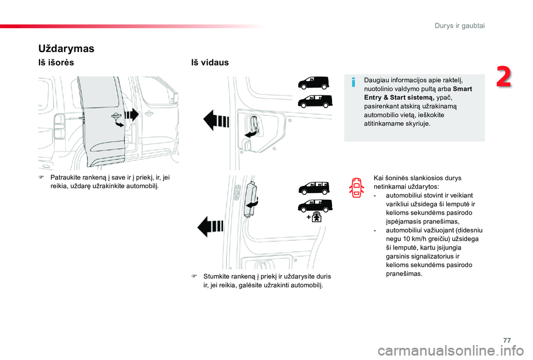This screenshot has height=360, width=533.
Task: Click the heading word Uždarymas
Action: tap(66, 48)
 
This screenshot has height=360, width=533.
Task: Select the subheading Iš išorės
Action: tap(56, 63)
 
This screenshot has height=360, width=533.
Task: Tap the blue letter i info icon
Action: tap(353, 83)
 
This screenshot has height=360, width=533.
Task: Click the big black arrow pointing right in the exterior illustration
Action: tap(131, 115)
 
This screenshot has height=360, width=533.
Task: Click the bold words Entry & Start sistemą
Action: tap(395, 97)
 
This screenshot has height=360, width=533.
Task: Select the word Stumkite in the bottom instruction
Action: tap(218, 276)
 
